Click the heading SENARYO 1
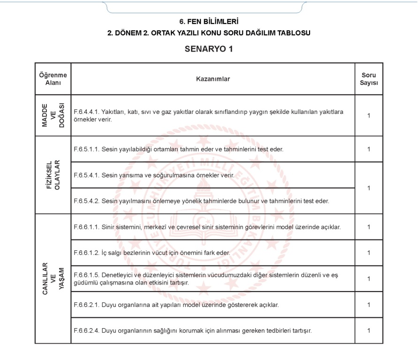tap(209, 49)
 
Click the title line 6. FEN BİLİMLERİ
tap(209, 22)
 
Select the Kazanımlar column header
tap(213, 79)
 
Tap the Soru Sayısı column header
tap(369, 79)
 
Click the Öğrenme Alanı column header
tap(53, 79)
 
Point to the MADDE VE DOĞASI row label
tap(53, 115)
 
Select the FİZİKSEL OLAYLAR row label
tap(53, 175)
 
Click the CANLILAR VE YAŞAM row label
tap(53, 278)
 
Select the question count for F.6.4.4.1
tap(369, 115)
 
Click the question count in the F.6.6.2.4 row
tap(369, 330)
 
